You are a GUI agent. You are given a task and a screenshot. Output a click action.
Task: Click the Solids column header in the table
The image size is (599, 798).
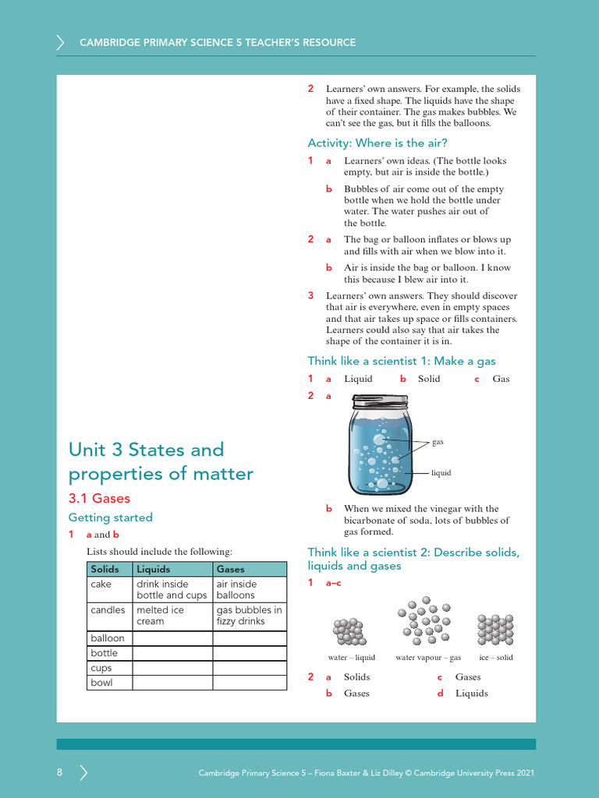[105, 569]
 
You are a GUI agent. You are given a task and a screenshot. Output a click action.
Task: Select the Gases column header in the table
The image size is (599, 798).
[231, 569]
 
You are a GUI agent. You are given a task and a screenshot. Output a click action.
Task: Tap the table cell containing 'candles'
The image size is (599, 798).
[108, 610]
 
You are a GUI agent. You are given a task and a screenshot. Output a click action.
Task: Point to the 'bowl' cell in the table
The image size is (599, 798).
[102, 683]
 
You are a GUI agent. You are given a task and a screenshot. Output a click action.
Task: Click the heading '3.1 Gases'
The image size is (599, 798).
[99, 498]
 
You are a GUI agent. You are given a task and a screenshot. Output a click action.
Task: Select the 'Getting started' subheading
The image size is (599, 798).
[110, 517]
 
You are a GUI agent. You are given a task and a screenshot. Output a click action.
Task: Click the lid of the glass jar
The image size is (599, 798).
[380, 402]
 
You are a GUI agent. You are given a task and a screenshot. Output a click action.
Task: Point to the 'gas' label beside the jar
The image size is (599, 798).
[438, 442]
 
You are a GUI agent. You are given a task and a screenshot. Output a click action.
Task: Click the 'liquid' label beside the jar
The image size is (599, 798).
[441, 473]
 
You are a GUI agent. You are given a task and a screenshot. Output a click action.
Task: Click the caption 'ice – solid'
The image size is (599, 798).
[495, 658]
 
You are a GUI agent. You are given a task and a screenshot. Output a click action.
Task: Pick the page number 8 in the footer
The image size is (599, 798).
[59, 772]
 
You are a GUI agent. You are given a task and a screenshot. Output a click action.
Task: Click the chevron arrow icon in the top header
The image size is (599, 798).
[61, 42]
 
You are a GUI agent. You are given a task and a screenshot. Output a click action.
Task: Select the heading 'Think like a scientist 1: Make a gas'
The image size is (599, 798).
[401, 361]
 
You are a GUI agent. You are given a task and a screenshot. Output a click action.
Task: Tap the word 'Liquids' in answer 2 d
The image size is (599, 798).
[471, 693]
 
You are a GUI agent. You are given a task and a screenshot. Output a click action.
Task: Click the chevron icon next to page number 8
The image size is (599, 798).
[83, 772]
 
